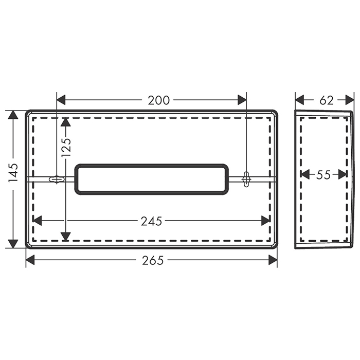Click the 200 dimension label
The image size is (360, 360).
(158, 100)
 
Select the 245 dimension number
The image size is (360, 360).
(151, 221)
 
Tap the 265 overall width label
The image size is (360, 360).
(153, 260)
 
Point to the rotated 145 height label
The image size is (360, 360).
(13, 172)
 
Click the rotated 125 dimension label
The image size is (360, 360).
(66, 147)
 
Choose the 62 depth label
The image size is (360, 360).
(326, 100)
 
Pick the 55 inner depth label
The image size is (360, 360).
(323, 175)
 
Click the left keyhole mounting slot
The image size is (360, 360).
(57, 179)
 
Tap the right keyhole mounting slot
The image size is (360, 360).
(246, 179)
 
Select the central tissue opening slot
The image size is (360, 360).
(152, 179)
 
